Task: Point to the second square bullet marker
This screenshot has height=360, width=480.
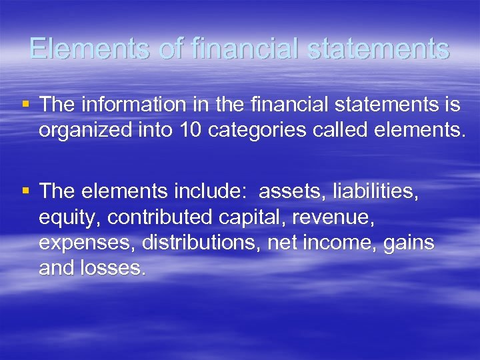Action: [x=26, y=191]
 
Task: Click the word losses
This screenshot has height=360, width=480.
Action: [x=117, y=268]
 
